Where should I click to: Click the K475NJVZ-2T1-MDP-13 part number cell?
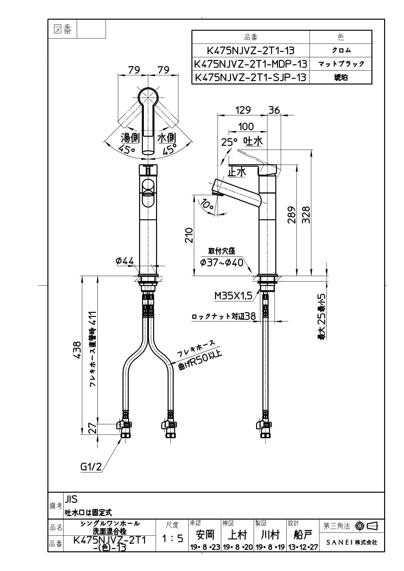click(251, 64)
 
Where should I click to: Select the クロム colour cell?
click(341, 50)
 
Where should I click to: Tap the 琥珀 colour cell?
click(341, 77)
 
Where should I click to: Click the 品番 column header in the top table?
click(251, 37)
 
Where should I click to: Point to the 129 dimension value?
click(243, 110)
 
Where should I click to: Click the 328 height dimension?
click(306, 215)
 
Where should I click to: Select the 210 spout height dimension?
click(189, 235)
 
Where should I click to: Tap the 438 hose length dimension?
click(77, 350)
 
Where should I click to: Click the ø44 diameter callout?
click(125, 261)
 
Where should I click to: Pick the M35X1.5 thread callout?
click(233, 296)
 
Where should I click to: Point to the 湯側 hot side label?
click(130, 138)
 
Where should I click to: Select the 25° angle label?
click(229, 142)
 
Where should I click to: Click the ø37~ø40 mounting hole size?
click(222, 262)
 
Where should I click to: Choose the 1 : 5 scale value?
click(173, 538)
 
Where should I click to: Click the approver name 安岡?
click(205, 535)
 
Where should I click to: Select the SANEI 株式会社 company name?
click(352, 542)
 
